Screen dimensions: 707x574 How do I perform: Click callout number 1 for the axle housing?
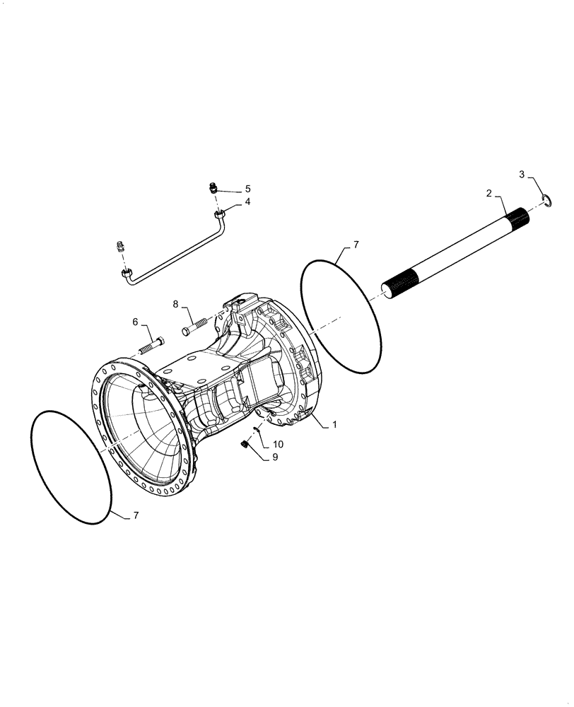click(334, 425)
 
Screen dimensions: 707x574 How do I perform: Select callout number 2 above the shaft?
click(488, 192)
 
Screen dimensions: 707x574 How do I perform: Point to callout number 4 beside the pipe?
click(247, 202)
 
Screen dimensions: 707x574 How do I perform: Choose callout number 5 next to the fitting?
click(247, 189)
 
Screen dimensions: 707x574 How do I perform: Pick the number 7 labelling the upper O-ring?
click(356, 245)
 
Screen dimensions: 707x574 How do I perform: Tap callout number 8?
click(175, 304)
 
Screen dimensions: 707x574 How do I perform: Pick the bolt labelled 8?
click(197, 327)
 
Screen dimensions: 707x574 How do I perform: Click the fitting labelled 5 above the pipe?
click(212, 188)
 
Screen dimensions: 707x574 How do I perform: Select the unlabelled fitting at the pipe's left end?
click(120, 247)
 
